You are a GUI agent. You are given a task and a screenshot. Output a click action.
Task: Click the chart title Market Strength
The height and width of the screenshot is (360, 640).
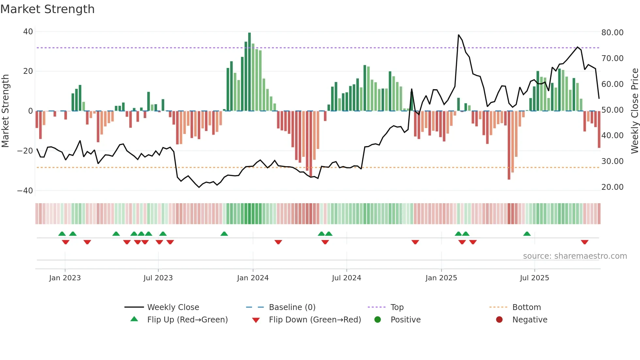point(47,9)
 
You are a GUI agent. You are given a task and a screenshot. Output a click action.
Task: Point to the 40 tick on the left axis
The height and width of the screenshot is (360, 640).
point(28,32)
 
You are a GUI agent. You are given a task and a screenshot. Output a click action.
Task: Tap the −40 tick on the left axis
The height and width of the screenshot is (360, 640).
point(25,190)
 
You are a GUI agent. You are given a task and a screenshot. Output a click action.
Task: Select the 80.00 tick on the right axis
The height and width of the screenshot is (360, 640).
point(612,32)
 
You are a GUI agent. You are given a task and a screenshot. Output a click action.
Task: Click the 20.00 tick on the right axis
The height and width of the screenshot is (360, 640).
point(612,187)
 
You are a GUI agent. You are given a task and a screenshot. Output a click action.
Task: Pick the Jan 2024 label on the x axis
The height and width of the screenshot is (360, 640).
point(253,278)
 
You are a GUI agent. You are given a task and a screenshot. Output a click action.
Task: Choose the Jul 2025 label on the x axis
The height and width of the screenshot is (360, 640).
point(534,278)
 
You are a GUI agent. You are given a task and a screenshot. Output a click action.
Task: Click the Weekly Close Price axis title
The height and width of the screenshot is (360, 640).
point(634,111)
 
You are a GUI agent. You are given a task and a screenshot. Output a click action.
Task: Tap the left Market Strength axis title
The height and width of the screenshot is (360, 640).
point(5,111)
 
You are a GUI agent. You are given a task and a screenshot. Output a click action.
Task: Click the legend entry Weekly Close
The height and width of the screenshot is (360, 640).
point(173,307)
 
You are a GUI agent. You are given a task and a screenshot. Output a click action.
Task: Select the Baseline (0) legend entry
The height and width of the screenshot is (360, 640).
point(292,307)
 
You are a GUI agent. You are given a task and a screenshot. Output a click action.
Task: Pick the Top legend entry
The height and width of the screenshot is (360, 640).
point(397,307)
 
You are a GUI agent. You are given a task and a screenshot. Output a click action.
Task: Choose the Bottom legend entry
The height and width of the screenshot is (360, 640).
point(526,307)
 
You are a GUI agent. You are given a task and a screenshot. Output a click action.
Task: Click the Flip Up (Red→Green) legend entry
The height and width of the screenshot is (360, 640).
point(187,320)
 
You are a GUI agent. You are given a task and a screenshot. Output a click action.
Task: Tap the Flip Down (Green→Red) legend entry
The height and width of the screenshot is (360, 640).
point(315,320)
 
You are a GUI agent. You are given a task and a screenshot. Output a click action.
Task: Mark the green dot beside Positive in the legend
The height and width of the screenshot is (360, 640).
point(377,320)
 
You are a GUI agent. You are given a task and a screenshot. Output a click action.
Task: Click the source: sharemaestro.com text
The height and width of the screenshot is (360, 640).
point(575,256)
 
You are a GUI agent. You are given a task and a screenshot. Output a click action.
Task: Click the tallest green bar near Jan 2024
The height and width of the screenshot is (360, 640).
point(249,72)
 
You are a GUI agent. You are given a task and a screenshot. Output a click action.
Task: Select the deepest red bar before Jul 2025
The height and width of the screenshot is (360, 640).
point(509,145)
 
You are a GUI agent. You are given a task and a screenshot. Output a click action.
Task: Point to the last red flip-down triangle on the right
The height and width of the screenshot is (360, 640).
point(584,242)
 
